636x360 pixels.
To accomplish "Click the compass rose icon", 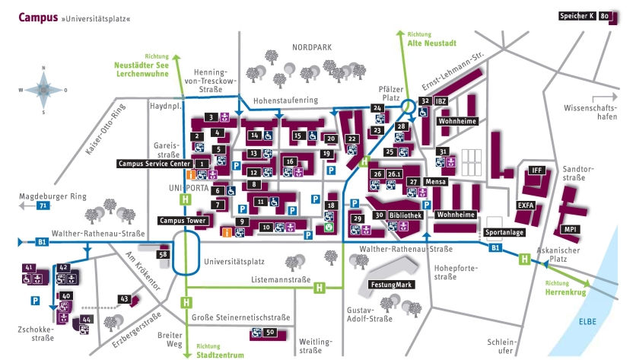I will click(x=42, y=90).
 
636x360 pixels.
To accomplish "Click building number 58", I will click(x=162, y=254).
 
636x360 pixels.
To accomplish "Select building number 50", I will click(x=270, y=333).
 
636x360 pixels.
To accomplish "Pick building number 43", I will click(x=123, y=298).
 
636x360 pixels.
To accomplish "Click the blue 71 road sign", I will click(x=43, y=206).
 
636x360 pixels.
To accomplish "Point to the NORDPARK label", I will click(x=312, y=47).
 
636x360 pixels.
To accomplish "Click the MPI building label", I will click(x=570, y=229).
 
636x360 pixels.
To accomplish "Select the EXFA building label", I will click(x=525, y=205).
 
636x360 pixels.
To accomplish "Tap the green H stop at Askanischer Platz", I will click(x=523, y=260).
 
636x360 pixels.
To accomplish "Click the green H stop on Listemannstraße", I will click(x=320, y=287).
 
